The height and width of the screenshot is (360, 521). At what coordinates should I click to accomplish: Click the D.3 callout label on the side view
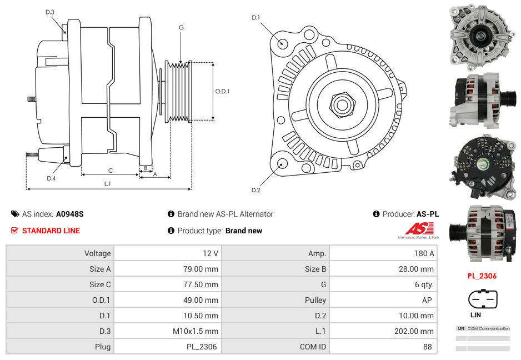(50, 12)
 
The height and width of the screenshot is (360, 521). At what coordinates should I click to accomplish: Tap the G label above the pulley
(181, 27)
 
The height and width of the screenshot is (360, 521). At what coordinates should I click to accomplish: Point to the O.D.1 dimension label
(222, 91)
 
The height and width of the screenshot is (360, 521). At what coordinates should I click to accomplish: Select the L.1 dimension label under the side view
(108, 184)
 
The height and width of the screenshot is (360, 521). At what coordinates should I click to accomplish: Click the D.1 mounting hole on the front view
(283, 43)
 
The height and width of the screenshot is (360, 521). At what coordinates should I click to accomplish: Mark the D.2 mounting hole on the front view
(282, 163)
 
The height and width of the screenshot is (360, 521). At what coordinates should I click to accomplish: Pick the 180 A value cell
(384, 253)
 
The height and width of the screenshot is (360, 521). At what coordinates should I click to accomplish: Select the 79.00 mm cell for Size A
(168, 269)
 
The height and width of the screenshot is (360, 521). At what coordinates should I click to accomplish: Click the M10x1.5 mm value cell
(168, 331)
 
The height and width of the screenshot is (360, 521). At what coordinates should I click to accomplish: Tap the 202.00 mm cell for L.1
(384, 331)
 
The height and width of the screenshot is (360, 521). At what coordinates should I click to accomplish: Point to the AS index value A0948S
(69, 214)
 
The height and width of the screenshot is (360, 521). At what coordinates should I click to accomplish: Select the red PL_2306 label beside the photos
(482, 276)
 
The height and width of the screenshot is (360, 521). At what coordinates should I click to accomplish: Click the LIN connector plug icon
(483, 299)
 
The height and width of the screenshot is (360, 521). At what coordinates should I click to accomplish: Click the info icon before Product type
(171, 231)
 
